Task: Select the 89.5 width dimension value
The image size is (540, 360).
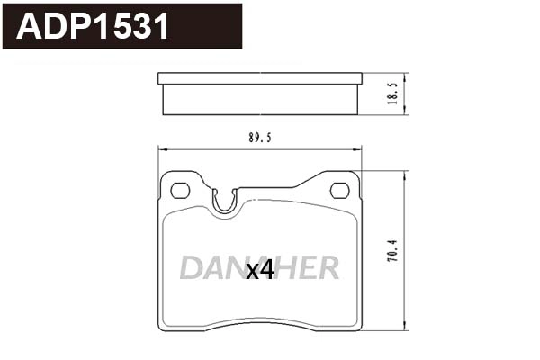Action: (x=260, y=139)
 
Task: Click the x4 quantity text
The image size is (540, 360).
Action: (x=260, y=270)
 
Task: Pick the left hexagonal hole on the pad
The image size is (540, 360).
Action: (x=180, y=190)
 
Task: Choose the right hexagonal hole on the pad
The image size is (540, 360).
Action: (x=339, y=190)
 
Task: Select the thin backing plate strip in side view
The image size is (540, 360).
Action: (x=259, y=78)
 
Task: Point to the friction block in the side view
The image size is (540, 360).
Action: (x=259, y=99)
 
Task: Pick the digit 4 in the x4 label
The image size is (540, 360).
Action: (x=266, y=270)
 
